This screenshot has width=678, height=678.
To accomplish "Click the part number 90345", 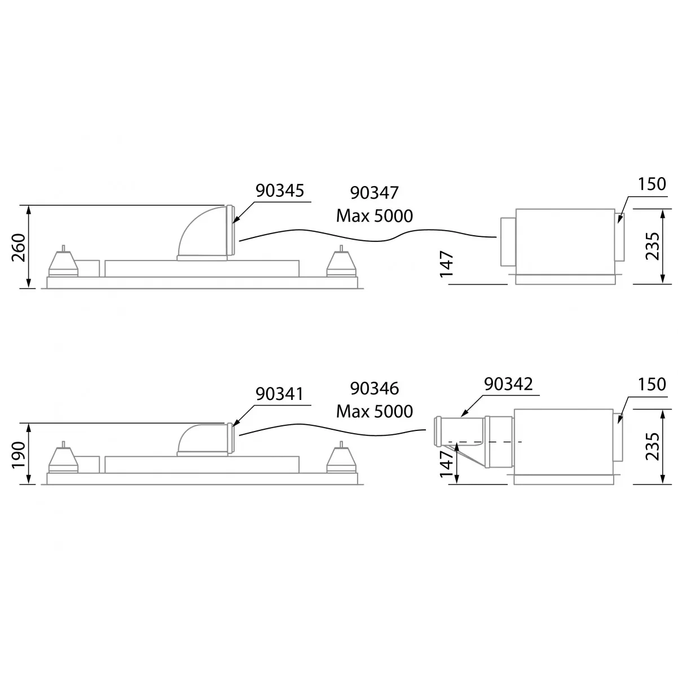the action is (279, 191).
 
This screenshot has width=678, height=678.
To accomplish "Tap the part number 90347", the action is (375, 193).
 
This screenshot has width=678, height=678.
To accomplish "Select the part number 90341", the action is (279, 394).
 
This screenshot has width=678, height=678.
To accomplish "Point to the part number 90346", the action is (375, 389).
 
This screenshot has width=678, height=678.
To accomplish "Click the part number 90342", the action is (508, 384).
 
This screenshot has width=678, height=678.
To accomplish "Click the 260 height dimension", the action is (19, 248).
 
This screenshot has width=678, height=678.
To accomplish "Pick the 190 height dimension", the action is (19, 455).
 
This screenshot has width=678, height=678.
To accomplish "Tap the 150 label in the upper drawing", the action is (651, 184).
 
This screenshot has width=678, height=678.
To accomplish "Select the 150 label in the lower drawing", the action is (651, 384).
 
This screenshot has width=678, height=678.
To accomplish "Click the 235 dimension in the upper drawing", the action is (652, 246).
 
